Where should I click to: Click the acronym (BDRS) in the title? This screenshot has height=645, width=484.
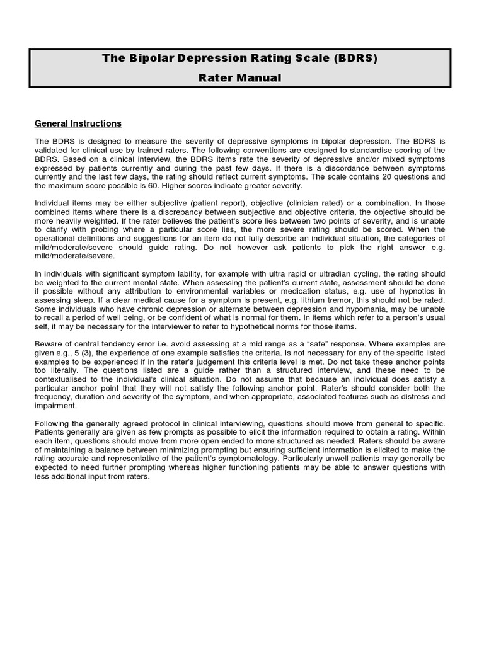[354, 59]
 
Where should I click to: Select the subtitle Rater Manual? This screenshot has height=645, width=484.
[241, 78]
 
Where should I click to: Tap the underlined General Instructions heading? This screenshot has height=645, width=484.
[78, 123]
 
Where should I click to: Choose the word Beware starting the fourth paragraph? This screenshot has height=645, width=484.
[49, 344]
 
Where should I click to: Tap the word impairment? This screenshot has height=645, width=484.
[56, 406]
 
